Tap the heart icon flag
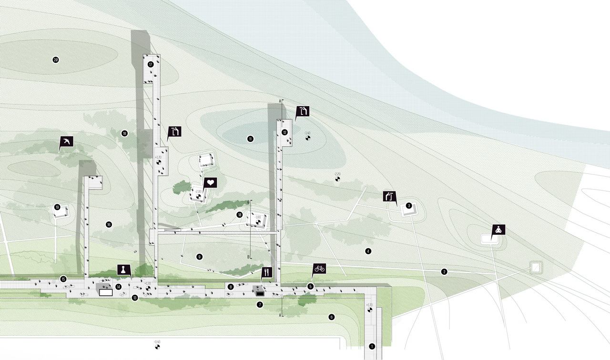click(x=211, y=182)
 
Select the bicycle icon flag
click(x=319, y=269)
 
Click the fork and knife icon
click(x=266, y=272)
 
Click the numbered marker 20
click(x=56, y=60)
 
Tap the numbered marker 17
click(x=151, y=64)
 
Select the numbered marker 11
click(x=250, y=139)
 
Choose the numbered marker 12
click(x=285, y=132)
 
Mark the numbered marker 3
click(x=409, y=206)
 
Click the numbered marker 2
click(x=444, y=272)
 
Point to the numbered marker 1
click(x=372, y=347)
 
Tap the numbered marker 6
click(x=332, y=317)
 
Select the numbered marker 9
click(x=199, y=257)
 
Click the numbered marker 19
click(x=57, y=207)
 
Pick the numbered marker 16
click(x=109, y=224)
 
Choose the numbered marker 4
click(x=368, y=251)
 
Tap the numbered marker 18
click(x=124, y=134)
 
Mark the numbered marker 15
click(x=63, y=279)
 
